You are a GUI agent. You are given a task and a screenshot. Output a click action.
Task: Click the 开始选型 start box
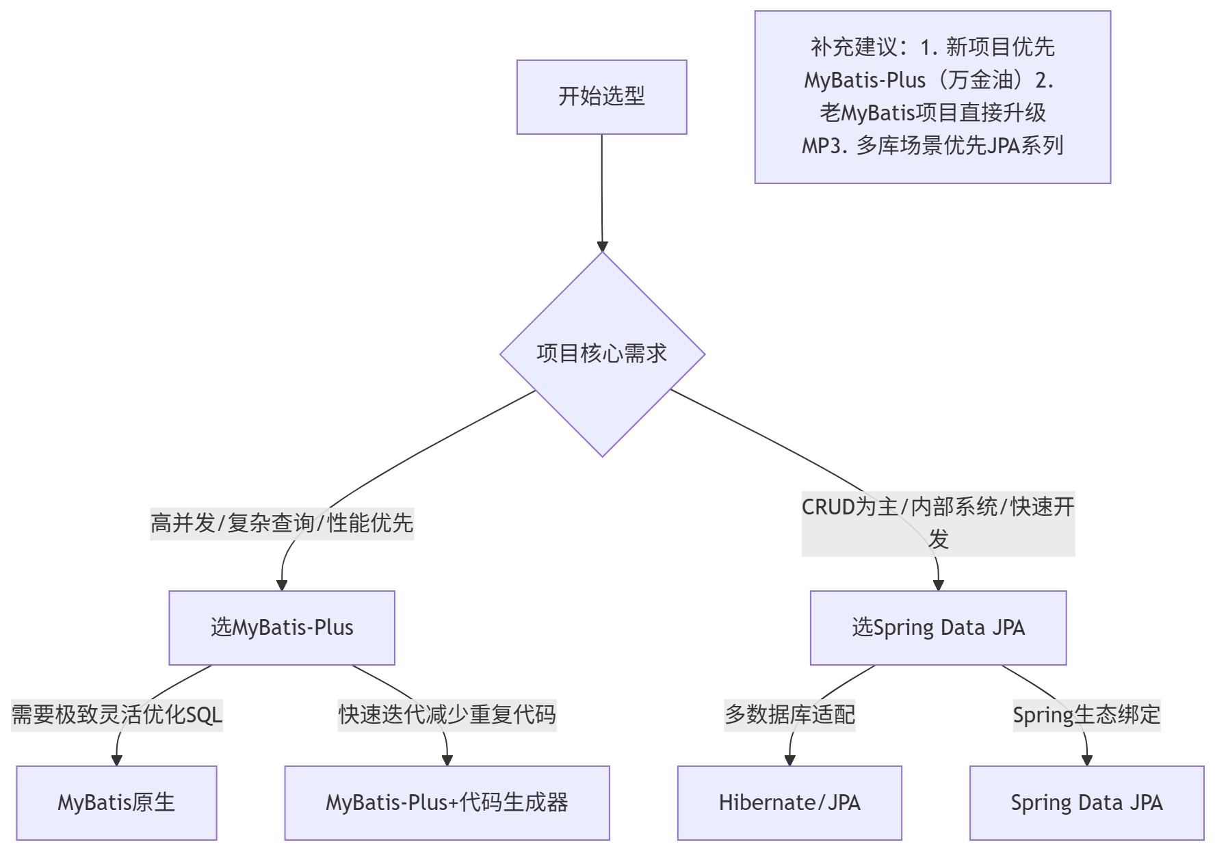coord(601,96)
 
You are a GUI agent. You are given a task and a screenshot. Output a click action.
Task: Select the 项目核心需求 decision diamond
coord(602,354)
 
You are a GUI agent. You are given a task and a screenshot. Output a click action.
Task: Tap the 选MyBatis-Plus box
coord(282,627)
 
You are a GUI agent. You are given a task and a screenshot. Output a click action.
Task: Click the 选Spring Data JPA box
coord(938,627)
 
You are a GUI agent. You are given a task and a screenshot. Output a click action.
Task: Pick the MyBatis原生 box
coord(116,802)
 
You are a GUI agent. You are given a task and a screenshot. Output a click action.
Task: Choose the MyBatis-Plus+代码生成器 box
coord(447,802)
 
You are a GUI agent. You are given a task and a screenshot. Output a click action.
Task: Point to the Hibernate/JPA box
coord(789,802)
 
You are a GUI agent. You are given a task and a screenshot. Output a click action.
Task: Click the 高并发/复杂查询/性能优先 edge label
coord(282,523)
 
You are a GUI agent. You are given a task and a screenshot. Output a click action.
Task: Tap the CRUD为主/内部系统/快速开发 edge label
coord(938,523)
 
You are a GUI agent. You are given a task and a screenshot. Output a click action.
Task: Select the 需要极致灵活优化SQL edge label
coord(117,715)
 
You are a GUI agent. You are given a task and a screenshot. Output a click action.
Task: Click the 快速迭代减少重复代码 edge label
coord(447,715)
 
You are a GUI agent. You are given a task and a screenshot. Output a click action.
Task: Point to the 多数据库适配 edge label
coord(789,715)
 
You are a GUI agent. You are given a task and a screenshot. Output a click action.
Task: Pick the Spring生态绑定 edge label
coord(1086,715)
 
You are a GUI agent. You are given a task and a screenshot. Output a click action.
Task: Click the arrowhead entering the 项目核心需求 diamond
coord(602,246)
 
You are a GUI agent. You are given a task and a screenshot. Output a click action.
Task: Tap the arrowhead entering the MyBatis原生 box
coord(117,760)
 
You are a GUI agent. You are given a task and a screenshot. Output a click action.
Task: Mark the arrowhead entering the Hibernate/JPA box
coord(789,760)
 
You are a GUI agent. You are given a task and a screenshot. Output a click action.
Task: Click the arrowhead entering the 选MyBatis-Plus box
coord(282,585)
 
